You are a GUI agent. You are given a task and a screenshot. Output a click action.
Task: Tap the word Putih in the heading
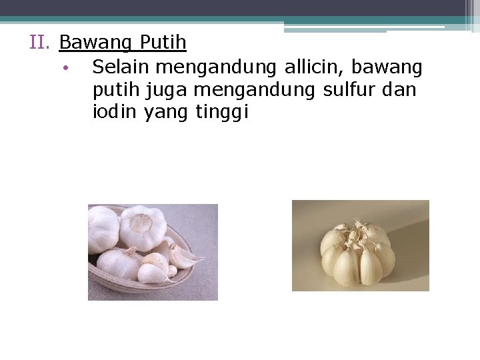click(x=163, y=43)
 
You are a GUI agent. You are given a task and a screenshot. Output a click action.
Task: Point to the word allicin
click(x=313, y=67)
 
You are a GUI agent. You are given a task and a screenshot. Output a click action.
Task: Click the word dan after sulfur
click(x=400, y=89)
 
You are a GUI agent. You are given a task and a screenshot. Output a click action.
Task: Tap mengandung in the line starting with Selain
click(x=219, y=68)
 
